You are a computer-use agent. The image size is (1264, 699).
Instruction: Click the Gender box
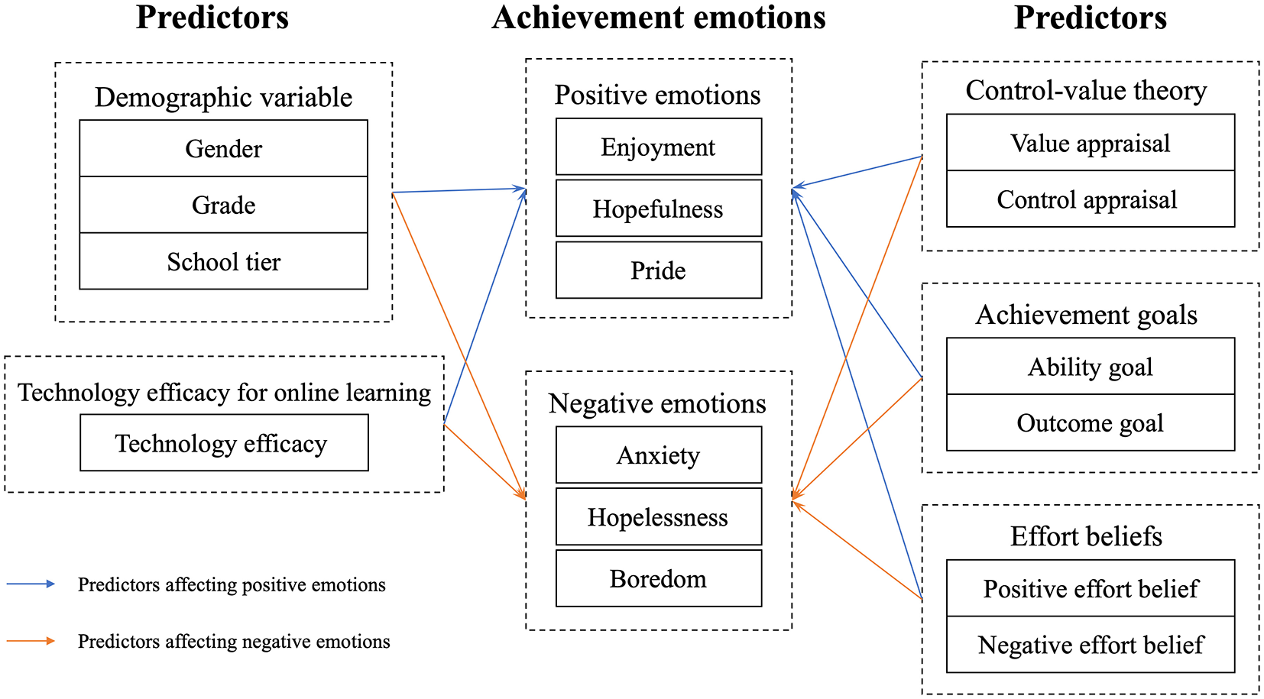click(x=223, y=148)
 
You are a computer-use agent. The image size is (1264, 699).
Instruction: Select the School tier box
click(x=223, y=261)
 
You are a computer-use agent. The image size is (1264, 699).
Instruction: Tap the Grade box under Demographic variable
click(x=223, y=205)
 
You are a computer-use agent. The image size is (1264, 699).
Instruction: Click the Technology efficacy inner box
click(x=223, y=443)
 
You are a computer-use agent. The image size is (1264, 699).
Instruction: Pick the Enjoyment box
click(x=658, y=147)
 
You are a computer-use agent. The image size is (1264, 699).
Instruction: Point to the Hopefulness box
click(x=658, y=209)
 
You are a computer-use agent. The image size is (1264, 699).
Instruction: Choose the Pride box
click(x=658, y=270)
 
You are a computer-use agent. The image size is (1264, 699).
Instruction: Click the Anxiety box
click(x=658, y=455)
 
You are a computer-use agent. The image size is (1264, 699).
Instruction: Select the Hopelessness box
click(x=658, y=517)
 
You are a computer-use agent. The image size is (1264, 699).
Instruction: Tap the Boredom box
click(x=658, y=579)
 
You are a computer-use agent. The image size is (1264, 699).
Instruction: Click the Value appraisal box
click(x=1090, y=143)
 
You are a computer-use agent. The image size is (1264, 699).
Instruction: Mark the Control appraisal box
click(x=1090, y=199)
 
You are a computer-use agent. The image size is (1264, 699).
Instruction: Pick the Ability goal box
click(x=1090, y=367)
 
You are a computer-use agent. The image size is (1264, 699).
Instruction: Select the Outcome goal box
click(x=1090, y=422)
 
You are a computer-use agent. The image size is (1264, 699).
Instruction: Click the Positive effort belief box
click(x=1090, y=588)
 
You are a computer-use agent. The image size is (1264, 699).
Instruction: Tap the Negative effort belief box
click(x=1090, y=645)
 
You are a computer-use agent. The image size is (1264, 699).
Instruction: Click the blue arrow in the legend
click(x=31, y=584)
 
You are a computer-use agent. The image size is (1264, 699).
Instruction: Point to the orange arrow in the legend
click(x=31, y=641)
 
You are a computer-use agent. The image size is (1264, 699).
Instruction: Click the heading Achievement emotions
click(x=658, y=18)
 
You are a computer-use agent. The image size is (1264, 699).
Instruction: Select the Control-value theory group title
click(x=1085, y=90)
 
